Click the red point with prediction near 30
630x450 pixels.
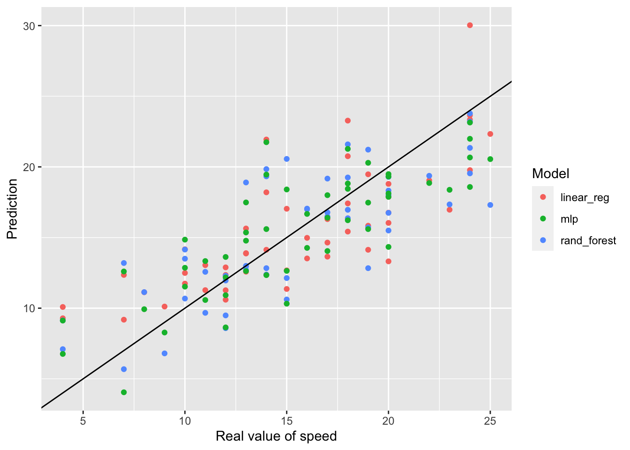click(x=470, y=25)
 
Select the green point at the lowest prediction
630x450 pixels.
click(x=124, y=392)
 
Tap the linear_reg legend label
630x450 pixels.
click(x=585, y=197)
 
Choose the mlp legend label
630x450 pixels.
click(x=569, y=219)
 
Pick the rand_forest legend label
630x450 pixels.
click(x=588, y=241)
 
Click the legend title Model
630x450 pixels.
click(x=550, y=174)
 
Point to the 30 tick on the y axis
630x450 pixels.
click(x=29, y=26)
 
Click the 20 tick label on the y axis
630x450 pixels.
click(x=29, y=167)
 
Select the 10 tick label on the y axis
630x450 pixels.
click(x=29, y=308)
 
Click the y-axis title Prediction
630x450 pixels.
click(x=12, y=209)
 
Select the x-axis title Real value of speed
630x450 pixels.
click(x=276, y=436)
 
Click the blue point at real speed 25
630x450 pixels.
click(x=490, y=205)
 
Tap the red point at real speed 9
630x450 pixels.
click(x=165, y=307)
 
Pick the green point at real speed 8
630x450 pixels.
click(x=144, y=309)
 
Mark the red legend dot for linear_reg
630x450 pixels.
click(x=543, y=197)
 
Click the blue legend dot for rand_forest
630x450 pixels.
click(x=543, y=240)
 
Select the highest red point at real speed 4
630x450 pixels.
click(x=63, y=307)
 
